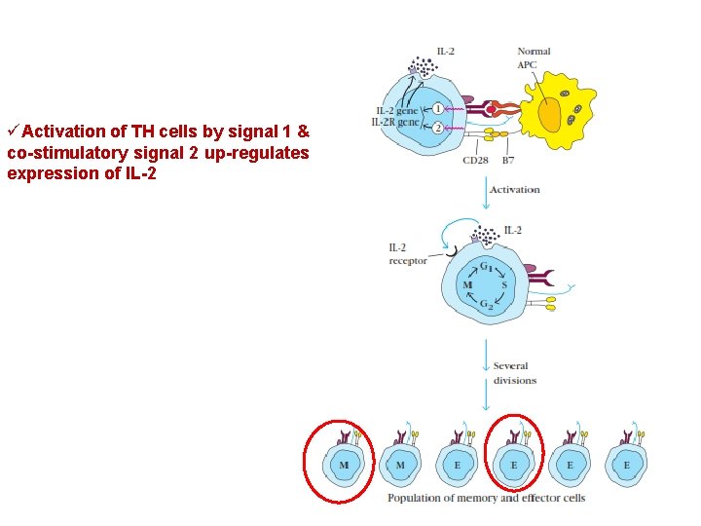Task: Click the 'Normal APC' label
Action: point(533,57)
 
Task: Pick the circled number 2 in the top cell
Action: point(438,127)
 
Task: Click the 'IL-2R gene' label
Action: point(394,122)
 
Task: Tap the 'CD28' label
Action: point(475,160)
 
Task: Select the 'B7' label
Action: point(508,160)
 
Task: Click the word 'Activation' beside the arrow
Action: point(514,190)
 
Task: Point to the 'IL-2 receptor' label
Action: point(407,254)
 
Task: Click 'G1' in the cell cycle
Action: point(484,267)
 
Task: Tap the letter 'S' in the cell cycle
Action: point(504,284)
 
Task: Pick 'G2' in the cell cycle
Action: point(485,305)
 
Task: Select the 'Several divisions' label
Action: point(514,373)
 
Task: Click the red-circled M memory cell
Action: point(344,466)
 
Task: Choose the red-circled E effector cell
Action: point(514,466)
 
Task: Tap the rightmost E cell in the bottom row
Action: point(626,466)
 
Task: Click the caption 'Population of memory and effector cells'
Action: point(486,498)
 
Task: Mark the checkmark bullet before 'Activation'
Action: point(13,131)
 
